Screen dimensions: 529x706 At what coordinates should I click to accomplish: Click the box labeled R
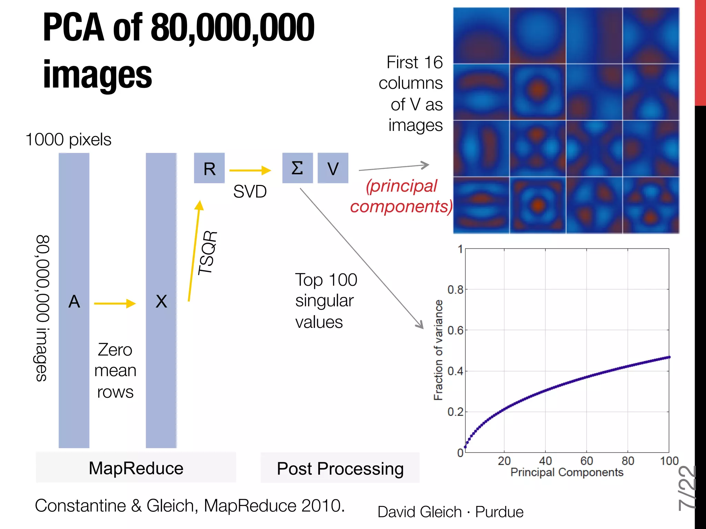coord(209,168)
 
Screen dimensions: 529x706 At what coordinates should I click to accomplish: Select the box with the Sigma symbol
coord(297,168)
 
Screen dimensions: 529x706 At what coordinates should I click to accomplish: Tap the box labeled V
coord(333,168)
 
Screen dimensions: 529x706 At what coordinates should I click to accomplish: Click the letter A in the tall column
coord(74,302)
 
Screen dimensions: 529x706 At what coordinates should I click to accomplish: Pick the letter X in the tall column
coord(161,302)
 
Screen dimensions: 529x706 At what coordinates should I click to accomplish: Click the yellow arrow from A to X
coord(115,303)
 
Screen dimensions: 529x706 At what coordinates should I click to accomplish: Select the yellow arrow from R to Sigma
coord(250,170)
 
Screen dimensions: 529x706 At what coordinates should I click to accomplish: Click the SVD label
coord(250,191)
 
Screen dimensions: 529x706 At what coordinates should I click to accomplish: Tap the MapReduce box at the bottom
coord(136,468)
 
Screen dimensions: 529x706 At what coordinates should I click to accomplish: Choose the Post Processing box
coord(340,468)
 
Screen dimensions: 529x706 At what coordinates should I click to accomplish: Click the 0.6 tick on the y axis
coord(455,331)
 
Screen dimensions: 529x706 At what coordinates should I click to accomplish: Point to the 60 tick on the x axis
coord(586,461)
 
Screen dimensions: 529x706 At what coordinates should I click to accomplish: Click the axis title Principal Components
coord(567,472)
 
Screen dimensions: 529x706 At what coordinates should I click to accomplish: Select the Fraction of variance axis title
coord(438,350)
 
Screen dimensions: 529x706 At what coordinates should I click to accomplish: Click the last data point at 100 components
coord(669,357)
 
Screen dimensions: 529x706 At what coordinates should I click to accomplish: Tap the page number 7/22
coord(687,488)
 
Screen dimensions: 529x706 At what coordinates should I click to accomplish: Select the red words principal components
coord(401,196)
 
